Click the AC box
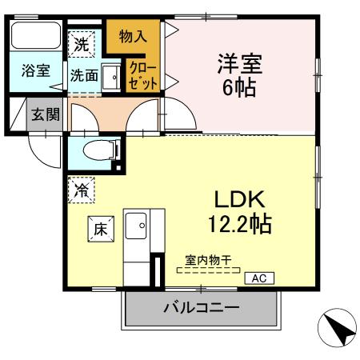(x=259, y=278)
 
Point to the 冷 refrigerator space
(x=82, y=190)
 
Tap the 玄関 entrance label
(x=46, y=114)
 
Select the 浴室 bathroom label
(x=36, y=70)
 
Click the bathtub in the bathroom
(x=36, y=37)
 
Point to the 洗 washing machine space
(x=82, y=45)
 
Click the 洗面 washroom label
(x=83, y=76)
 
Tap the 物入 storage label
(x=133, y=35)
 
